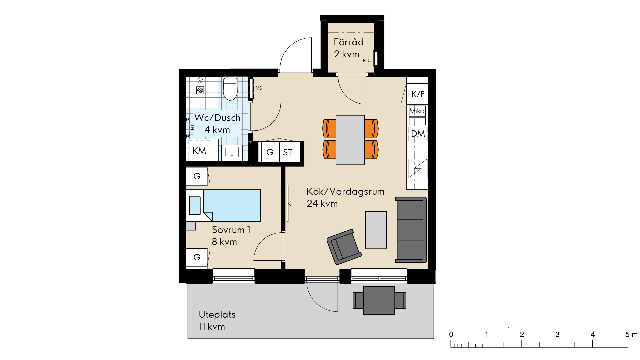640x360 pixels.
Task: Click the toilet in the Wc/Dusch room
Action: click(230, 89)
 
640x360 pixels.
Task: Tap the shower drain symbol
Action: click(200, 90)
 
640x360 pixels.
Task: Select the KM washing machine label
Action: click(199, 151)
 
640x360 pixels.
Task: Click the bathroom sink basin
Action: click(232, 152)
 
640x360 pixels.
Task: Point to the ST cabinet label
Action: click(288, 153)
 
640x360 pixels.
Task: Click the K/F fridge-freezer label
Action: click(418, 94)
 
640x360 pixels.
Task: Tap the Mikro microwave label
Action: click(418, 111)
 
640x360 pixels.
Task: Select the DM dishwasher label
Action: click(418, 134)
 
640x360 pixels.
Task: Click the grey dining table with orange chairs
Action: click(350, 140)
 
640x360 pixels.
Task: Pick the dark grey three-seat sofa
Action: click(411, 230)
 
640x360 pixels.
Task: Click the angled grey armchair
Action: click(344, 247)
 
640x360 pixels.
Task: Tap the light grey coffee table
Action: click(376, 230)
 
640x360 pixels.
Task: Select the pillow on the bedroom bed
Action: click(195, 205)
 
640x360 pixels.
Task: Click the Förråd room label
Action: click(349, 42)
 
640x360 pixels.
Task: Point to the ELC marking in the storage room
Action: click(367, 60)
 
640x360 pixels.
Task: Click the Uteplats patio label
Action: click(217, 314)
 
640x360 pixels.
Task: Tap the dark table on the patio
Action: click(379, 300)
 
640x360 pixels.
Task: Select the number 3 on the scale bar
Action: click(557, 334)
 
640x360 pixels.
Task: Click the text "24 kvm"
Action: click(322, 203)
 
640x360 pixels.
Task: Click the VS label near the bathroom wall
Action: click(259, 88)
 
